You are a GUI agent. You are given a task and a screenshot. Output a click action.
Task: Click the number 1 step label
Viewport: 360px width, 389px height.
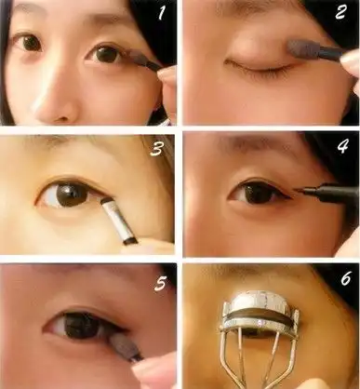point(162,12)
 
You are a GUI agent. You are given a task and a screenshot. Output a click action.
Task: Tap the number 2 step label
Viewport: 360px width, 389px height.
point(340,12)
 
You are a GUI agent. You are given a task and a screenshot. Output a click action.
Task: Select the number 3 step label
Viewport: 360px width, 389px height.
point(157,148)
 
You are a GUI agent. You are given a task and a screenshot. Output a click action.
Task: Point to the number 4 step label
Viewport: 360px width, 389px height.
point(343,146)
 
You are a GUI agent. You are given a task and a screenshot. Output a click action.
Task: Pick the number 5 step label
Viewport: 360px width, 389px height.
point(160,283)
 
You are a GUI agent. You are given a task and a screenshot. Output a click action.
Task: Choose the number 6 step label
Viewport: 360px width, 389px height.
point(346,278)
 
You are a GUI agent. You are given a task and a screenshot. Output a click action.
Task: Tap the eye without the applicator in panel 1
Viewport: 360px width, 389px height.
point(28,44)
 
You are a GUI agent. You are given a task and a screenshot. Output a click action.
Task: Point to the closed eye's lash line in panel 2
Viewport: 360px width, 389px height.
point(259,66)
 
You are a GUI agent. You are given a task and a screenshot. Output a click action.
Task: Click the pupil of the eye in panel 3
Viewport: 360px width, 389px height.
point(69,194)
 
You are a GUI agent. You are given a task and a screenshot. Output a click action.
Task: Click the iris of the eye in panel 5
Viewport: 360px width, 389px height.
point(83,325)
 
